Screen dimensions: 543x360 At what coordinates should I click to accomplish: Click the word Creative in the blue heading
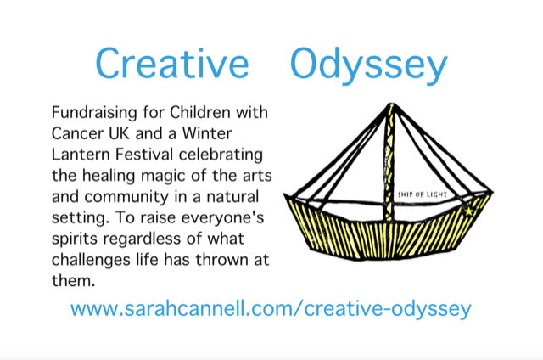click(172, 63)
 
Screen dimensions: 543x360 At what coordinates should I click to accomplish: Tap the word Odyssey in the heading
click(369, 66)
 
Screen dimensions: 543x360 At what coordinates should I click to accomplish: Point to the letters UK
click(119, 133)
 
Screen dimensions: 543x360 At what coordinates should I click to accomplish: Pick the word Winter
click(207, 133)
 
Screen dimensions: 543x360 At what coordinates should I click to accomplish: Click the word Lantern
click(81, 155)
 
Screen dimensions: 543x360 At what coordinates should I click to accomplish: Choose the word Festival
click(144, 155)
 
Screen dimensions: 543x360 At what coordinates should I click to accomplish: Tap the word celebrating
click(221, 155)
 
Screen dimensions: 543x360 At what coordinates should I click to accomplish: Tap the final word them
click(74, 281)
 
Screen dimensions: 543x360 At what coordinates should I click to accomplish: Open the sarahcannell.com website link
click(271, 309)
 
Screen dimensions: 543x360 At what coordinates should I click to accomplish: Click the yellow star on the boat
click(468, 211)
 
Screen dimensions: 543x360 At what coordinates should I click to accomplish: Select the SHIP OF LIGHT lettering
click(423, 194)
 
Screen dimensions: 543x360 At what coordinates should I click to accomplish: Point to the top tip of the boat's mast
click(391, 104)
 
